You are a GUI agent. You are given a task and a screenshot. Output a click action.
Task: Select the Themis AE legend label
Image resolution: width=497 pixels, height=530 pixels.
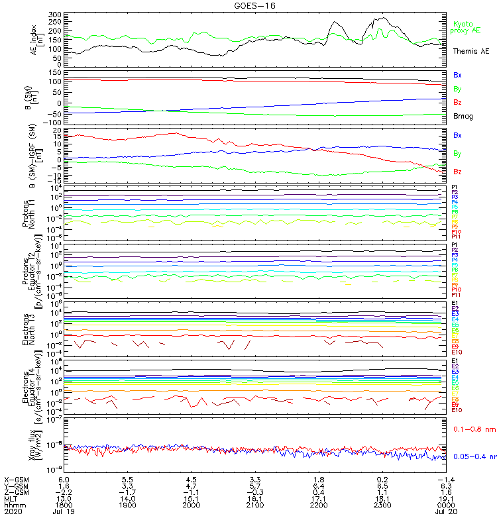471,51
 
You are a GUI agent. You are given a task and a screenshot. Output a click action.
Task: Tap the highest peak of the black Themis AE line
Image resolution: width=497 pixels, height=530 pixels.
384,18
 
